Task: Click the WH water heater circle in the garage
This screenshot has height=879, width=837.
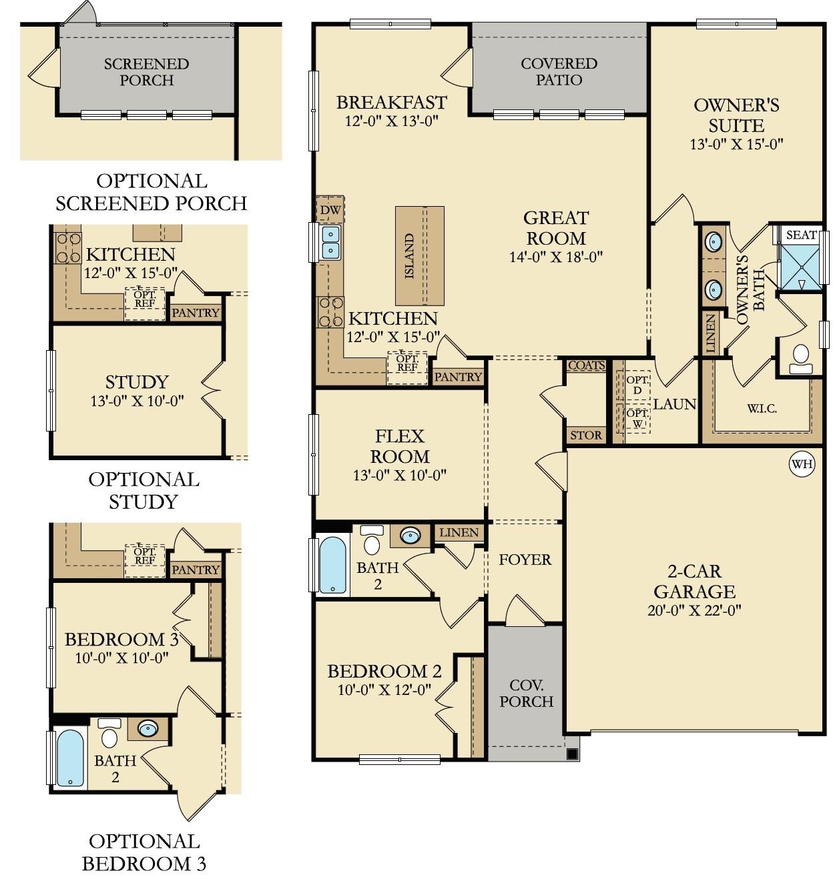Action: (x=802, y=464)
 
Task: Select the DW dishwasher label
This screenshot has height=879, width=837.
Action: (x=330, y=210)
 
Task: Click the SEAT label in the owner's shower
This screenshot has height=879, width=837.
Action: (x=800, y=235)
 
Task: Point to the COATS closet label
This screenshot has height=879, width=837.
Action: (x=586, y=365)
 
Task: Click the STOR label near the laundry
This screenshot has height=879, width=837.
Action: (x=586, y=435)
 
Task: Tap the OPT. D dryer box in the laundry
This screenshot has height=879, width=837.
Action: (x=637, y=385)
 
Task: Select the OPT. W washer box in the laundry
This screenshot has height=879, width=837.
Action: (x=637, y=419)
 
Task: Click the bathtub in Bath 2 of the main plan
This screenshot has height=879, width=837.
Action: (x=333, y=564)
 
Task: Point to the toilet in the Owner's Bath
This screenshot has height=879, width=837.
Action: (x=800, y=359)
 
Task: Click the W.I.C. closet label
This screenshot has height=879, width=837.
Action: (x=761, y=408)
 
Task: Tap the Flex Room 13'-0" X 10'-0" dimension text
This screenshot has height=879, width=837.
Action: (x=399, y=476)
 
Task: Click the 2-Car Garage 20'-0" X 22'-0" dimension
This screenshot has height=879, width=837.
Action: (x=694, y=610)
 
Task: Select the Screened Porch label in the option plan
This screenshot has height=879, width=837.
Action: (x=147, y=72)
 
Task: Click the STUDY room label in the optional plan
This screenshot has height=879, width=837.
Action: (x=137, y=382)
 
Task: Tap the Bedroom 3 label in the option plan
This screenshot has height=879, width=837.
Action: (x=121, y=639)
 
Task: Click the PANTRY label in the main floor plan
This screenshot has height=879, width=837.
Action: (x=458, y=377)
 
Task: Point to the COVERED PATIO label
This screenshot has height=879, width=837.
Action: (x=559, y=71)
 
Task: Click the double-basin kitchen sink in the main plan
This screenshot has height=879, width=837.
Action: (x=330, y=241)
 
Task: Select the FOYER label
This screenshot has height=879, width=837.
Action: (x=525, y=560)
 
